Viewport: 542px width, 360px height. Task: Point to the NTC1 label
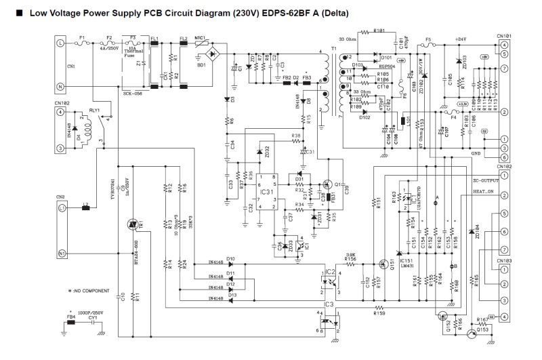200,39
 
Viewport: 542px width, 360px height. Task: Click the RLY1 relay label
94,109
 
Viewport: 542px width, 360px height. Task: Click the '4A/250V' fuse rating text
108,48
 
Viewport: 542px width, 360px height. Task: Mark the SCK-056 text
132,93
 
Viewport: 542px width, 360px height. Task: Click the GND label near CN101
477,154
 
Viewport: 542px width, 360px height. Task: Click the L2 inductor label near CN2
85,203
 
